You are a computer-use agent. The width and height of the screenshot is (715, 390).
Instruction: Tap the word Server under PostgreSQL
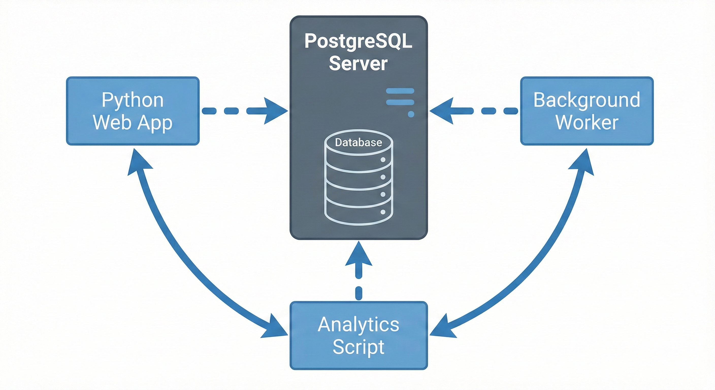point(358,63)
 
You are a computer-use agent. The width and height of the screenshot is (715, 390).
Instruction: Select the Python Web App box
point(133,111)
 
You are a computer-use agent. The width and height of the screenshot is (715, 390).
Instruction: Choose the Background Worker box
point(587,111)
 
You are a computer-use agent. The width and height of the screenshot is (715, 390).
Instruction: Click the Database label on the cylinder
point(358,142)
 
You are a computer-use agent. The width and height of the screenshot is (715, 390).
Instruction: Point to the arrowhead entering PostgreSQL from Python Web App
point(275,111)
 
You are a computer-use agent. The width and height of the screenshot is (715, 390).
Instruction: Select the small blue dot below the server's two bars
point(411,114)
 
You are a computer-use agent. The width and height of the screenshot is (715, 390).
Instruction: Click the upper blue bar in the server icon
point(400,91)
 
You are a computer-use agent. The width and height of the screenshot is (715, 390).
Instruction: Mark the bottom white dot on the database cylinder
point(383,212)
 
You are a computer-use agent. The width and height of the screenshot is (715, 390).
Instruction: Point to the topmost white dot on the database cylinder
point(383,160)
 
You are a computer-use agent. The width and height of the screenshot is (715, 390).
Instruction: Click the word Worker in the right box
point(587,122)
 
